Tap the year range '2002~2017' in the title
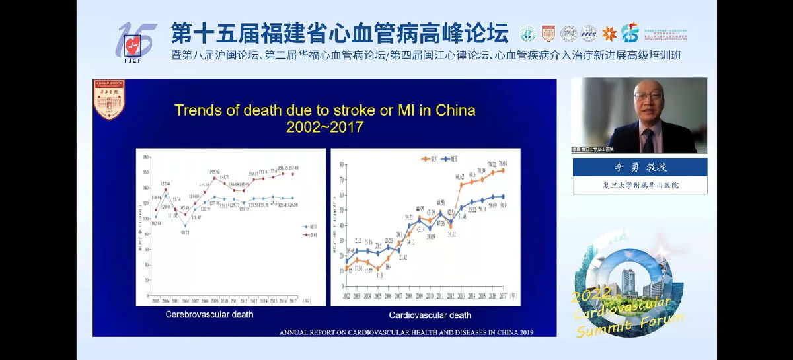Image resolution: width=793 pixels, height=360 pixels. [324, 127]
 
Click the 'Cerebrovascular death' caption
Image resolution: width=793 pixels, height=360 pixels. [209, 314]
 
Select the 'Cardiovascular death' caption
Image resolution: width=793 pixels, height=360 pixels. [430, 315]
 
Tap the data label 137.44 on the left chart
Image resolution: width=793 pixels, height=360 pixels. [165, 183]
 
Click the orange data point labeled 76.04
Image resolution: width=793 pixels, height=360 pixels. [503, 170]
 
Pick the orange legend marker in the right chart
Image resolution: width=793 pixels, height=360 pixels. [426, 159]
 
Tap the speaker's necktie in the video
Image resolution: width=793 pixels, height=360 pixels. [648, 139]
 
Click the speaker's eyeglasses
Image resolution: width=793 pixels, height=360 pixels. [648, 96]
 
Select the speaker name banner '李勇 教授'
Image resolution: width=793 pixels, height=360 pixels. [638, 167]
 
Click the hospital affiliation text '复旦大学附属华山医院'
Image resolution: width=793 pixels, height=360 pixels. [638, 185]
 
